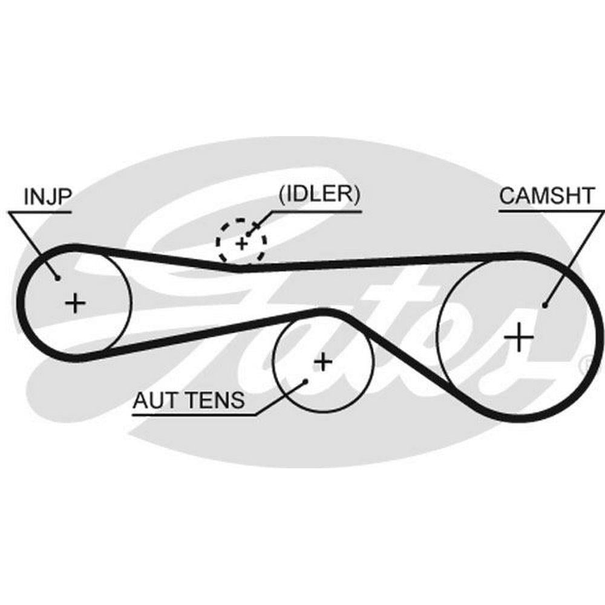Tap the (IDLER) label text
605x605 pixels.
click(319, 195)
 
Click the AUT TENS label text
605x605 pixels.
click(189, 400)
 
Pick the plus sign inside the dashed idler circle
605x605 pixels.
click(241, 244)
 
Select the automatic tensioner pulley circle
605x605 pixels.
click(275, 363)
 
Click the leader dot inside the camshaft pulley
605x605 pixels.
click(544, 306)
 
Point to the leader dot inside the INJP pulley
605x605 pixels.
click(57, 278)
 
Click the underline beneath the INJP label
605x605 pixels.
click(40, 212)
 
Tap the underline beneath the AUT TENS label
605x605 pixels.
click(194, 414)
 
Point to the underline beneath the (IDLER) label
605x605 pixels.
click(315, 212)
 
